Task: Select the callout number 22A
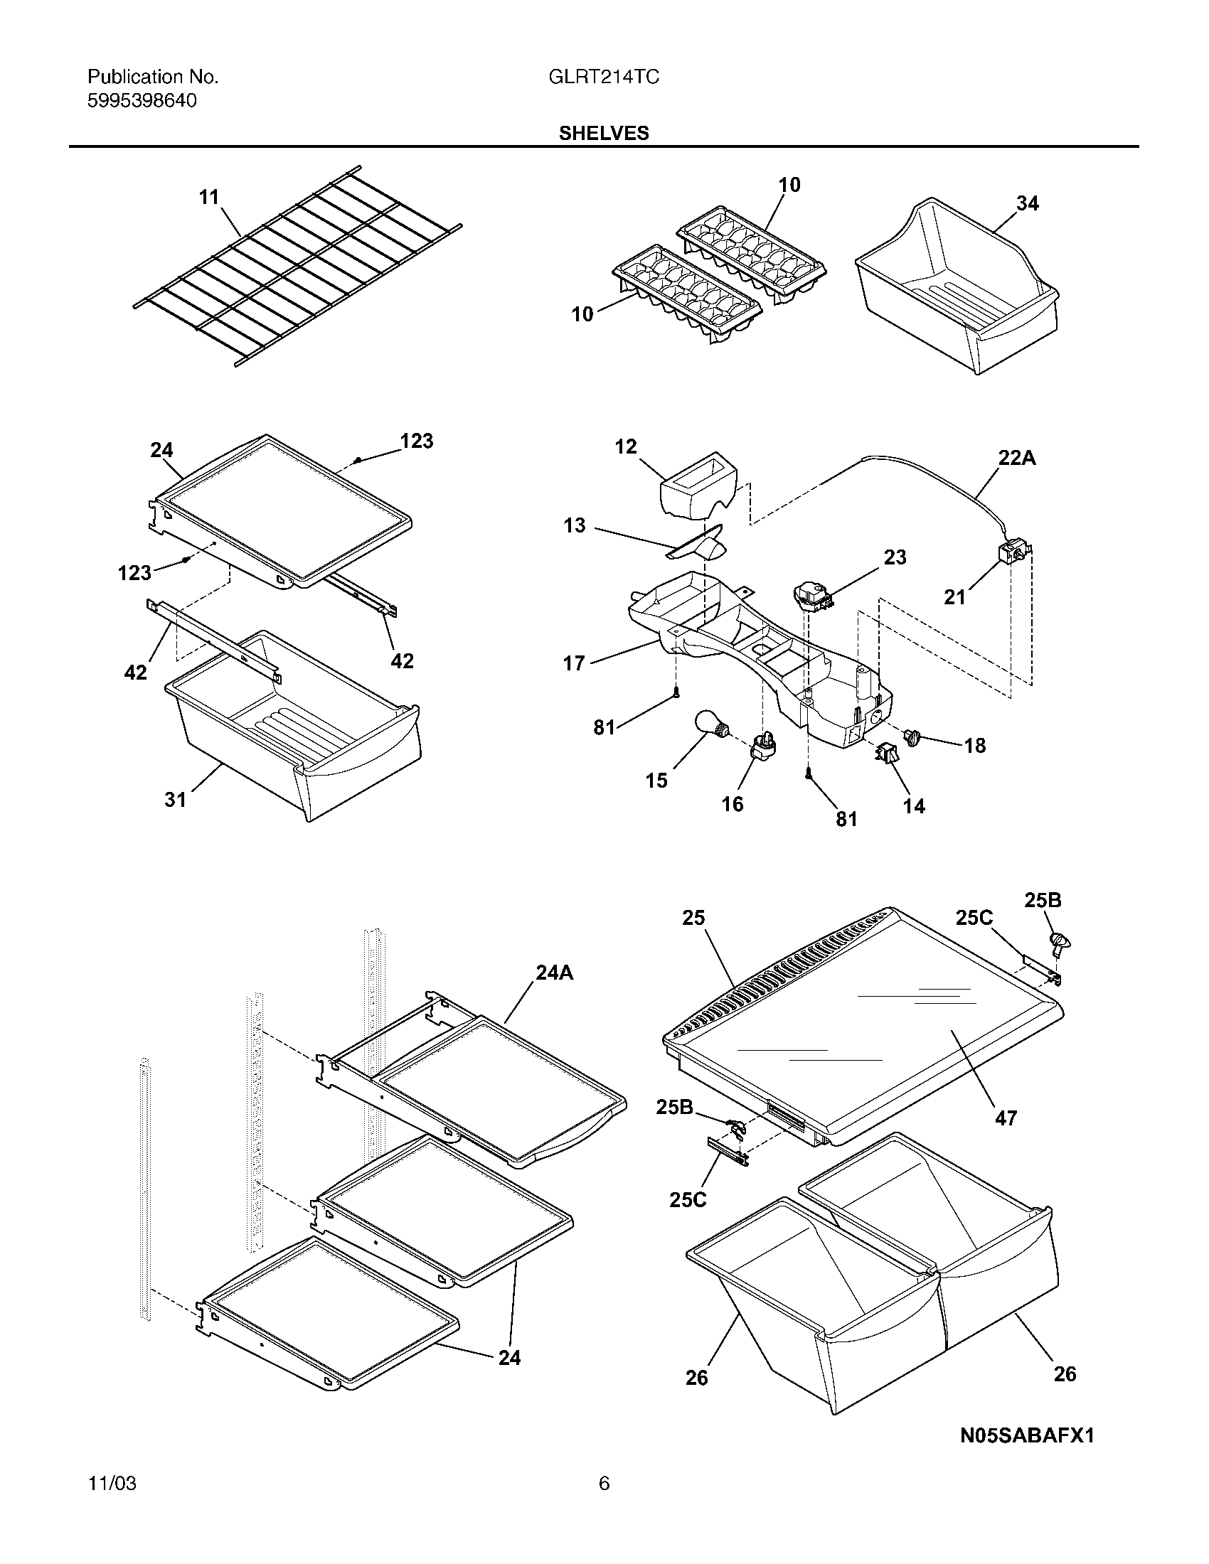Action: click(x=1016, y=458)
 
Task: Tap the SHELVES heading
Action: click(x=604, y=133)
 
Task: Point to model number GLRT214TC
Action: click(x=604, y=77)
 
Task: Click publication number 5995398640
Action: click(x=142, y=101)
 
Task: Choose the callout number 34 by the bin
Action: click(x=1027, y=204)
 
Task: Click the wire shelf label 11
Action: click(x=208, y=197)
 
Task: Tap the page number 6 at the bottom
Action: click(x=604, y=1483)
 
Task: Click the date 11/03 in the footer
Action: click(x=112, y=1483)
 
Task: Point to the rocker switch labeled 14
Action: click(x=885, y=754)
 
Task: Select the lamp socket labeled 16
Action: click(x=762, y=748)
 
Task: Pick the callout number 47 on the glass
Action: click(x=1006, y=1117)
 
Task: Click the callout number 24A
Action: click(x=555, y=973)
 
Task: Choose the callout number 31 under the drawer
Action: click(x=176, y=799)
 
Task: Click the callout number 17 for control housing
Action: click(x=574, y=663)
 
